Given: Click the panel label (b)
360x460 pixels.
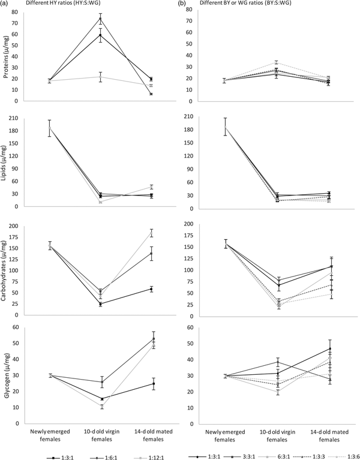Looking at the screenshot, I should point(184,4).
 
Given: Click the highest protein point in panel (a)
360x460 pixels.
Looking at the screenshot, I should point(100,19).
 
